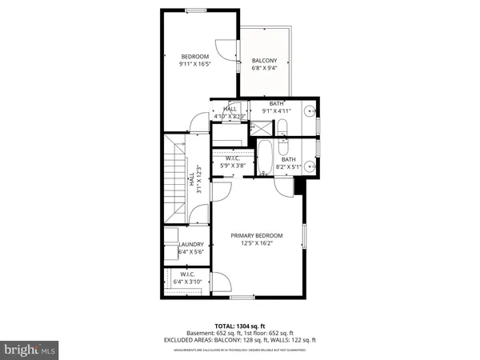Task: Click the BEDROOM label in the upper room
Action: coord(194,56)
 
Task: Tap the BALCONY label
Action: coord(264,61)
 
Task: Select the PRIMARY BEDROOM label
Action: coord(257,235)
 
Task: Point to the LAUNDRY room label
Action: coord(190,245)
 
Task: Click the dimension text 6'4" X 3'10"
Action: coord(190,281)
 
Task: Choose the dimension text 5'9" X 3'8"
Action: coord(233,166)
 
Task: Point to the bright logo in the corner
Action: coord(29,349)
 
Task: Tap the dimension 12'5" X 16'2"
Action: coord(257,244)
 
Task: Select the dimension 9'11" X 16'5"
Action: coord(194,65)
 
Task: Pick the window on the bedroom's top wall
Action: coord(196,10)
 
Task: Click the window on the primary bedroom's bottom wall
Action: coord(242,298)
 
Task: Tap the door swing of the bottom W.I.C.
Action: coord(222,282)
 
